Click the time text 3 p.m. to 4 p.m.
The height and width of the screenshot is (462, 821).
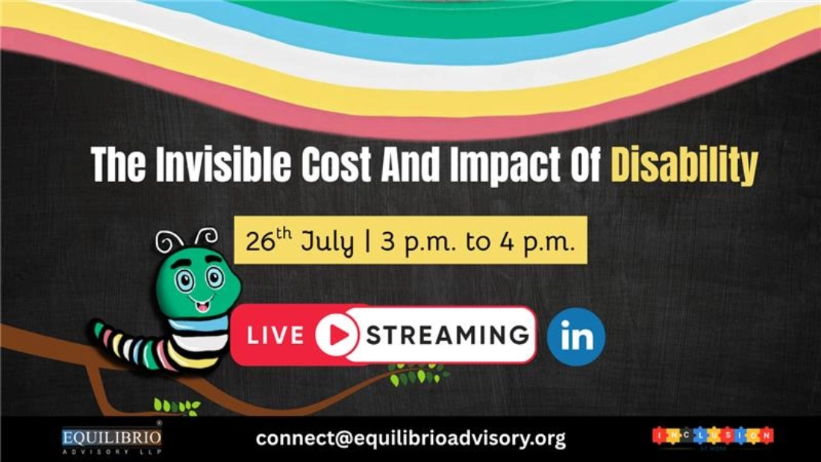(477, 241)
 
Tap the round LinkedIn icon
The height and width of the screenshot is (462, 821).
(575, 337)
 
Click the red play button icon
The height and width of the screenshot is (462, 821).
(336, 335)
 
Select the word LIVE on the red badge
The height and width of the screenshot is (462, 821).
(275, 336)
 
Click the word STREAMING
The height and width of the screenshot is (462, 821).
(448, 335)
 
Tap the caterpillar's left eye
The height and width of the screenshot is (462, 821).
(184, 281)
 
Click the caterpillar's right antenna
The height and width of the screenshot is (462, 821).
(207, 237)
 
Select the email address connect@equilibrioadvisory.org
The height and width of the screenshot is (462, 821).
(410, 438)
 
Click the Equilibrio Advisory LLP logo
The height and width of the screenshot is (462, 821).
(111, 439)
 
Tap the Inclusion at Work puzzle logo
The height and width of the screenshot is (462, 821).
(713, 437)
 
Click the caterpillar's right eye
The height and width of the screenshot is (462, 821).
(215, 278)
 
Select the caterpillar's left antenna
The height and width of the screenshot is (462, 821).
(169, 242)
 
